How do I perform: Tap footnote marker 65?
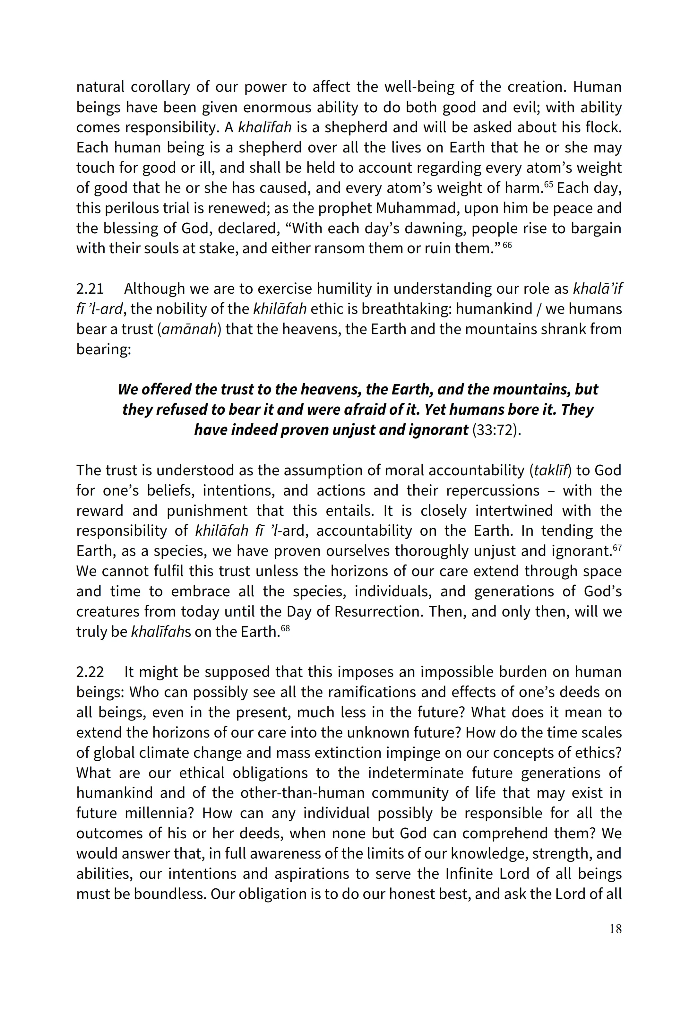tap(548, 184)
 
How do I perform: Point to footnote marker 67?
tap(617, 547)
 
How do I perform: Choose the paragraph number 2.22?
tap(90, 672)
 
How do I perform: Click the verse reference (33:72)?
tap(497, 430)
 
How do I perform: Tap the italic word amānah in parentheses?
tap(189, 329)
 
